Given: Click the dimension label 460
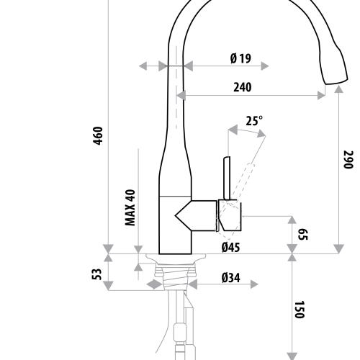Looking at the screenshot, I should [98, 136].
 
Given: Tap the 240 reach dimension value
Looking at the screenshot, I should [241, 88].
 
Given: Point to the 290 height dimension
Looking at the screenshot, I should [347, 159].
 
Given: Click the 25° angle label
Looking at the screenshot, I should [254, 121].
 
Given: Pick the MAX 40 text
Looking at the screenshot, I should [130, 207].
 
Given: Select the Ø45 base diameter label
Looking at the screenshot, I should [230, 247].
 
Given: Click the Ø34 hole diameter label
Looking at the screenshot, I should [230, 277].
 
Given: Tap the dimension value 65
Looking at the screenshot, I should [303, 234].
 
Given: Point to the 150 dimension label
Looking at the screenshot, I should [300, 310].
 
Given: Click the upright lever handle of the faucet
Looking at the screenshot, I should [225, 176].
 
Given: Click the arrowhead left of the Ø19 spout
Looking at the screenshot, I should [164, 66].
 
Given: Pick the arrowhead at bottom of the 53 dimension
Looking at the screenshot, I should [108, 285].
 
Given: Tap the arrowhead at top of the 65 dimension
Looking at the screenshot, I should [292, 219].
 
